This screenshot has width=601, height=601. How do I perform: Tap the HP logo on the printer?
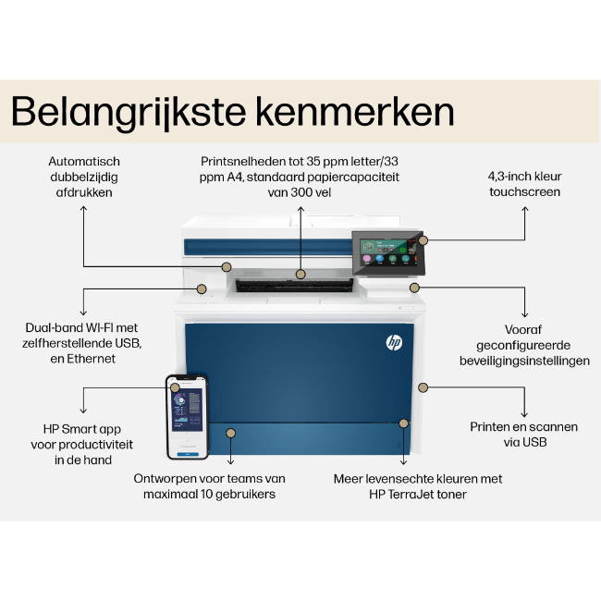point(394,342)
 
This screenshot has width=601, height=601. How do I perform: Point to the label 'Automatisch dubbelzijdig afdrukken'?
point(84,177)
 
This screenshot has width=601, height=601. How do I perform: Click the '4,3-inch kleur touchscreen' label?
point(524,184)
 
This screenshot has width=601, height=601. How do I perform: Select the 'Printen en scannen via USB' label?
point(523,434)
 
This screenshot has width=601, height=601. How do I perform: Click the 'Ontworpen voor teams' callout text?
point(209,486)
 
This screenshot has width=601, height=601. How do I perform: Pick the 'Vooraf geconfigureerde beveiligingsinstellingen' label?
point(524,344)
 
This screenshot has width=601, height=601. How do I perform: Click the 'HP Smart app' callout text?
point(82,444)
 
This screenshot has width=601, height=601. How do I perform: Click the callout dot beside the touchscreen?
point(423,240)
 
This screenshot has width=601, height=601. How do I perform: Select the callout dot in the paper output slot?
point(300,274)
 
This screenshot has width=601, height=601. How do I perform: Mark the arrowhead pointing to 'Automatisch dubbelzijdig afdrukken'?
point(84,209)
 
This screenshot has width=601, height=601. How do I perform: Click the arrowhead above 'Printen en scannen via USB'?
point(524,414)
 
